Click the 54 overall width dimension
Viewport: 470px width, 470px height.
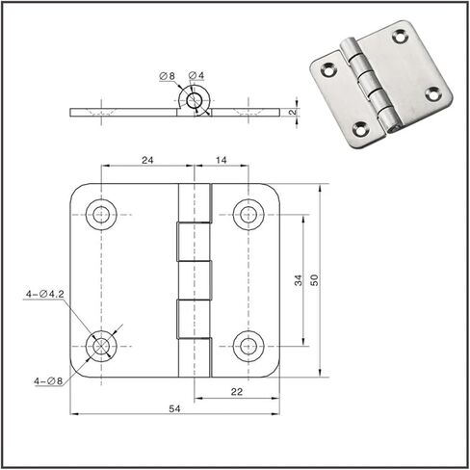(174, 408)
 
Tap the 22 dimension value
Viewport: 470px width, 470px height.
(237, 392)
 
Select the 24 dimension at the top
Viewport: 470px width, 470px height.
(147, 160)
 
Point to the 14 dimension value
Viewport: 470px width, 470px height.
(222, 160)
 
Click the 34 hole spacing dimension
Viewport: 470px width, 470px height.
(299, 280)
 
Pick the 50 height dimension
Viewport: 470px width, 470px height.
(315, 280)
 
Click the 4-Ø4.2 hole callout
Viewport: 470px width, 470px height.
(45, 294)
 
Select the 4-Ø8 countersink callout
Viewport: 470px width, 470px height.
(48, 381)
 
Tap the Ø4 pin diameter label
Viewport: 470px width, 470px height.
(196, 76)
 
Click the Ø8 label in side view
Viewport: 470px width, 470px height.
(168, 76)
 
